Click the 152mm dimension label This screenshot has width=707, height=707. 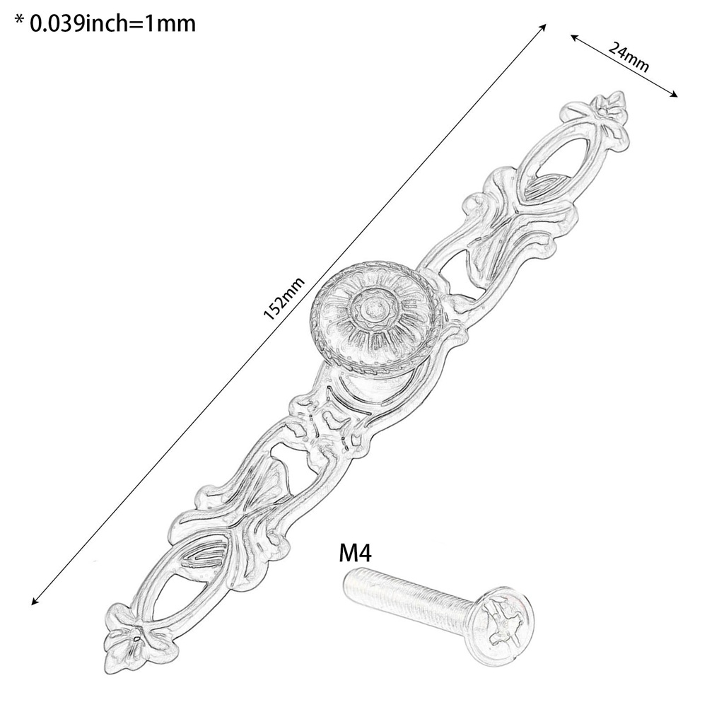tap(284, 299)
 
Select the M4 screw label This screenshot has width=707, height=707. tap(356, 553)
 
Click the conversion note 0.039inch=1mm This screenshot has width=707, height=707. tap(112, 23)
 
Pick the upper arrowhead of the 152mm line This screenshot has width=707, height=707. tap(543, 27)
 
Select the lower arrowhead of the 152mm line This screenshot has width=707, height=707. tap(34, 600)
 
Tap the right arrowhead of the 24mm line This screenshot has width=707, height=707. tap(674, 93)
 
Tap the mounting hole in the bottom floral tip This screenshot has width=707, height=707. tap(136, 639)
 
